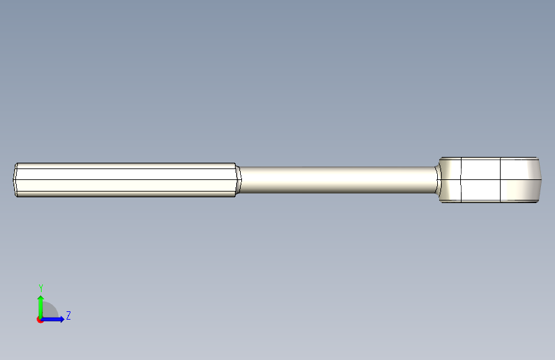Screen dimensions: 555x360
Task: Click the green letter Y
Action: pos(41,288)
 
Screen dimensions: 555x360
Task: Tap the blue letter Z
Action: pos(68,315)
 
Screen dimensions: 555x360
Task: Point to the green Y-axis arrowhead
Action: pos(41,298)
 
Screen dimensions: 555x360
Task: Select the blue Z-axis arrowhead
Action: pos(62,319)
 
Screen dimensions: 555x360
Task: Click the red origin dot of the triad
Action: pos(40,320)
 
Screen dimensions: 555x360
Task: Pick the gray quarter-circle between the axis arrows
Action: pos(49,310)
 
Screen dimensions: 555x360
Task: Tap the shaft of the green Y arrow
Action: pos(41,308)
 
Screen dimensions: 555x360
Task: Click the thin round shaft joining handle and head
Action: pos(338,179)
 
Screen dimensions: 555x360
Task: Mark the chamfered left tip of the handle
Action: pos(15,179)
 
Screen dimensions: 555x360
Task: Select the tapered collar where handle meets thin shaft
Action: pos(239,179)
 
